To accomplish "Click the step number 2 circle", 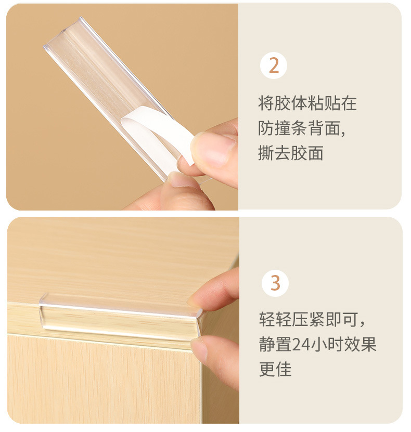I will pyautogui.click(x=274, y=66).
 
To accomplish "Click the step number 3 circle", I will pyautogui.click(x=275, y=284).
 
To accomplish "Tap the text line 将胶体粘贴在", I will pyautogui.click(x=307, y=102).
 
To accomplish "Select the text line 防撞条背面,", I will pyautogui.click(x=302, y=128).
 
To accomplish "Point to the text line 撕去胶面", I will pyautogui.click(x=291, y=153).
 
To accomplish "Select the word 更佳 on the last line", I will pyautogui.click(x=275, y=370).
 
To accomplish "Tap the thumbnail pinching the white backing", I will pyautogui.click(x=209, y=148).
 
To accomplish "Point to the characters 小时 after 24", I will pyautogui.click(x=326, y=345).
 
